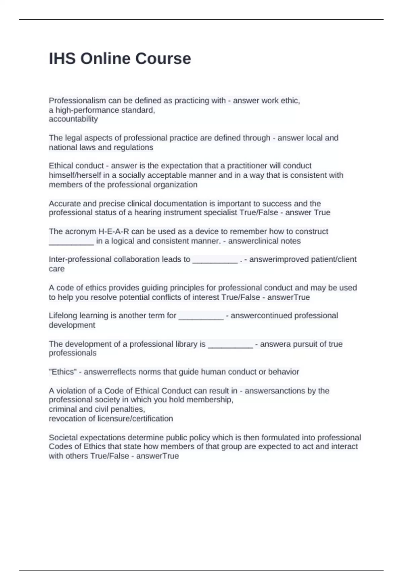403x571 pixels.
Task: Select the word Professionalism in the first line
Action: tap(77, 101)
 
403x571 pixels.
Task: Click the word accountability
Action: tap(73, 119)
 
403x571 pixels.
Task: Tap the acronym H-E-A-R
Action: tap(114, 231)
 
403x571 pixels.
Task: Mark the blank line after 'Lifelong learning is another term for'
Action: tap(201, 317)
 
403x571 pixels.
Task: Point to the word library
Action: tap(186, 344)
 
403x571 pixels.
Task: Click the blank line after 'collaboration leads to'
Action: tap(215, 261)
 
